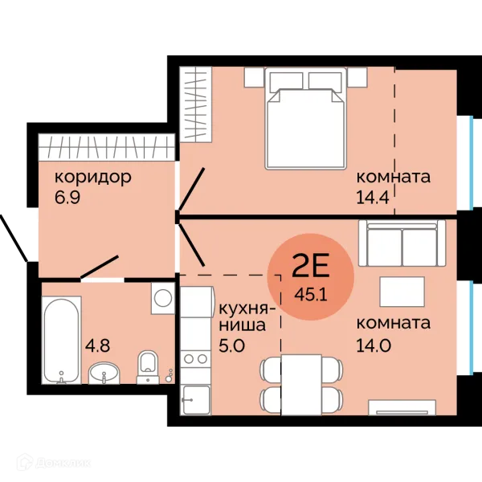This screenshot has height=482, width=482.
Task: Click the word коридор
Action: point(93,178)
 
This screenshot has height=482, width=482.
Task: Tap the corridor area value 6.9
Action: point(67,198)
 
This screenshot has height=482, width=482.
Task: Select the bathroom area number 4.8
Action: point(97,345)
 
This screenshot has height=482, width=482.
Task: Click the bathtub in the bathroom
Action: point(62,340)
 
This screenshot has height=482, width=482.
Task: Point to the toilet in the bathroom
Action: point(148,367)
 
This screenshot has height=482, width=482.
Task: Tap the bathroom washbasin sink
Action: point(104,374)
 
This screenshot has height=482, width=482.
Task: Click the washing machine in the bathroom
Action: point(163,298)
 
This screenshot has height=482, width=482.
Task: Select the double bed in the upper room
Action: point(306,118)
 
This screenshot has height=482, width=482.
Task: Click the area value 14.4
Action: point(373,198)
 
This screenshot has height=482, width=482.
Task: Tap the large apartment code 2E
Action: point(310,265)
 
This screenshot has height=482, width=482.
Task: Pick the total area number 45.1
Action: point(310,295)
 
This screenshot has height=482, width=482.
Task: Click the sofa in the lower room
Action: point(402,243)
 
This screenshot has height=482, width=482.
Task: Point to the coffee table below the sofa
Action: point(402,292)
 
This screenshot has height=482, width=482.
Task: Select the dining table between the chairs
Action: point(301,384)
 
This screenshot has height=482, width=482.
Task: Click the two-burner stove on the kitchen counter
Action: point(195,358)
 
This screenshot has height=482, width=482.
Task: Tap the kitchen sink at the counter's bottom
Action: point(196,399)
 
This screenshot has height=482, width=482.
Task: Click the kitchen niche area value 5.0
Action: point(231,345)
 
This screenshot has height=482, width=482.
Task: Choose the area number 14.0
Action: point(374,345)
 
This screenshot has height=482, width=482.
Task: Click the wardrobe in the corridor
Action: point(106,147)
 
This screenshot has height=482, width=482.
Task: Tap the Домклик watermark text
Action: point(63,464)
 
